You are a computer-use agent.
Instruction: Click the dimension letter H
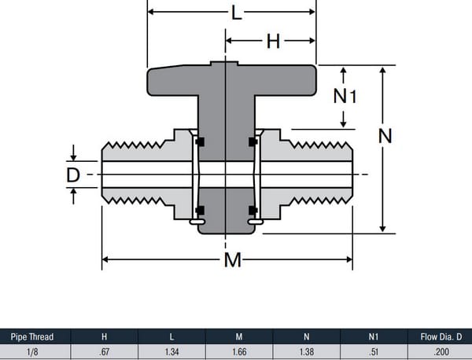click(272, 41)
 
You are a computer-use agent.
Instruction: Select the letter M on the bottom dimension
click(232, 259)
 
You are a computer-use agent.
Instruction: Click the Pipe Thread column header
click(32, 336)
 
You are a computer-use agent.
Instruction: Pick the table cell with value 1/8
click(32, 351)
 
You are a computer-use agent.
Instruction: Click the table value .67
click(105, 351)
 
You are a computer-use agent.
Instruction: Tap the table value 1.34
click(171, 351)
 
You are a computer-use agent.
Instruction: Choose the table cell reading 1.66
click(239, 351)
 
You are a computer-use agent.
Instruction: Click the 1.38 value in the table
click(307, 351)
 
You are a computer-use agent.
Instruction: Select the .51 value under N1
click(374, 351)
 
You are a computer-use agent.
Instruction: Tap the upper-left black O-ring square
click(200, 141)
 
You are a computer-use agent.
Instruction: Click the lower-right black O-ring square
click(253, 210)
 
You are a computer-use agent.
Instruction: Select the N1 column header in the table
click(374, 336)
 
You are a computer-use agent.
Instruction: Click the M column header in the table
click(239, 336)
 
